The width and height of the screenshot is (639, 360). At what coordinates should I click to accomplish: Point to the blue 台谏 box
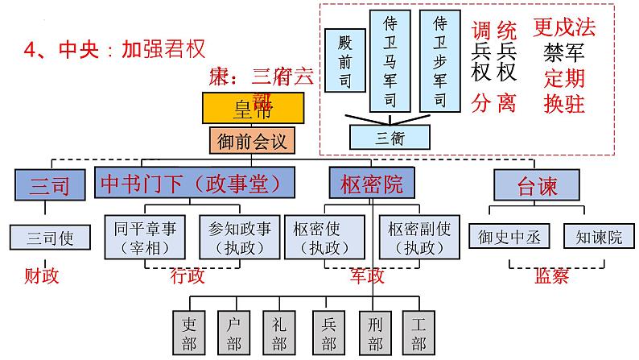(x=537, y=184)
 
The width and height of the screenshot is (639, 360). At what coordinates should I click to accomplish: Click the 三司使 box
(x=51, y=238)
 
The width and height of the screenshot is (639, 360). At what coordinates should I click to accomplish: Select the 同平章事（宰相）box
(x=147, y=236)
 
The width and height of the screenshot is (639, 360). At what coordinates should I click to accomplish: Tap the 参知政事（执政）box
(x=239, y=236)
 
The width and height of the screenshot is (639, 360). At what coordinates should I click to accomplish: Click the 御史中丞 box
(x=511, y=237)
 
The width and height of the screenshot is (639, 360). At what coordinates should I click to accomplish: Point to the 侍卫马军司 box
(x=391, y=60)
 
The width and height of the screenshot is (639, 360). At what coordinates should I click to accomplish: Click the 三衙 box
(x=390, y=136)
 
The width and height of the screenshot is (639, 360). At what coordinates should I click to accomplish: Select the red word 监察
(x=551, y=276)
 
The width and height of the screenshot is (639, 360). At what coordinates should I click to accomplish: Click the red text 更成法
(x=564, y=29)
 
